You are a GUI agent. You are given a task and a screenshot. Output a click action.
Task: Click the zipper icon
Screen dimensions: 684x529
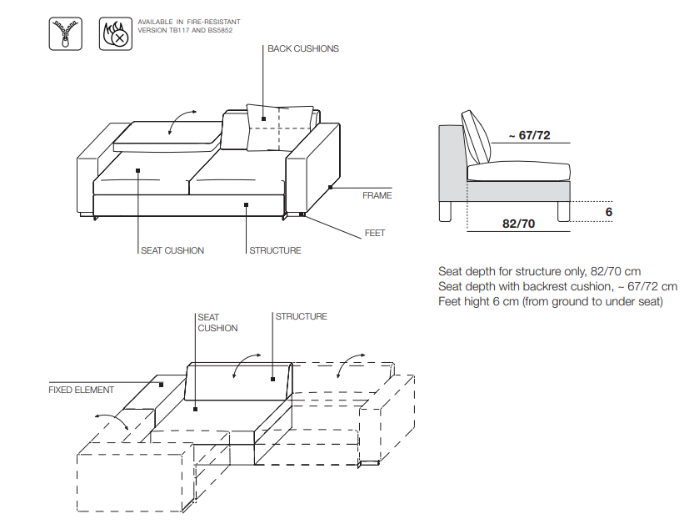[66, 33]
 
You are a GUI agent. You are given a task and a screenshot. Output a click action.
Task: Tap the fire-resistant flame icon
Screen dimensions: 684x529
[116, 33]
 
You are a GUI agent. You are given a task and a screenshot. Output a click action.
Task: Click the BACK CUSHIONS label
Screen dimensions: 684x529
[303, 48]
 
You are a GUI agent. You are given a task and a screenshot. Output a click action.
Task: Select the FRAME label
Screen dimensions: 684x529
[377, 195]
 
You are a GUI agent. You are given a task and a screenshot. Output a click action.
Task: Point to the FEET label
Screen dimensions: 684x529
[375, 233]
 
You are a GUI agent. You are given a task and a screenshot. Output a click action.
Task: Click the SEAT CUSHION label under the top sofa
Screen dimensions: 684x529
[172, 250]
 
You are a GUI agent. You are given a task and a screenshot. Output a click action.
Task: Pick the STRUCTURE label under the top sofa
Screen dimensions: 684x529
[275, 250]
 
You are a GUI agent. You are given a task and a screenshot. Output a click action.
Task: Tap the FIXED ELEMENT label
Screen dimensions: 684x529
[81, 390]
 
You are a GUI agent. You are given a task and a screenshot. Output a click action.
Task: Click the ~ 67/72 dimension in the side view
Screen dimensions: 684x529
[530, 135]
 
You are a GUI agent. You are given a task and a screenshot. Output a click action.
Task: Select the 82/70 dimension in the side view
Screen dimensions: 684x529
[519, 224]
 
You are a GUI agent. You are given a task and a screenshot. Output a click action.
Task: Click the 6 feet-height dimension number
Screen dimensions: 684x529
[609, 212]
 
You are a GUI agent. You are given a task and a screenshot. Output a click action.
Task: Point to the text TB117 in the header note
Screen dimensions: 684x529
[179, 30]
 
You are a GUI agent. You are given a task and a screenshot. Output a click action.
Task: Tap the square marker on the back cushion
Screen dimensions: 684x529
[263, 118]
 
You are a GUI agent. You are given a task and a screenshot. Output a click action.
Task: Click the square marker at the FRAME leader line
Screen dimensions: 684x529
[330, 188]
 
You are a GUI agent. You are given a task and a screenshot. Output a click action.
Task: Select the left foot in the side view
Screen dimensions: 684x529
[446, 211]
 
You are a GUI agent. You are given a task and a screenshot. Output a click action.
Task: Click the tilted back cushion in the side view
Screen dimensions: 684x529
[477, 137]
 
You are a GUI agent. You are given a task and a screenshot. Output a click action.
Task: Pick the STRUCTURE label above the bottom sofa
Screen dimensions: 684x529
[301, 316]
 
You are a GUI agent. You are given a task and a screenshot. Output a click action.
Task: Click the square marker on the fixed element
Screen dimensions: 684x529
[161, 385]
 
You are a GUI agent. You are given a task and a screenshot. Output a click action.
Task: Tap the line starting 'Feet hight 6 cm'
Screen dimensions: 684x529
[551, 301]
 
